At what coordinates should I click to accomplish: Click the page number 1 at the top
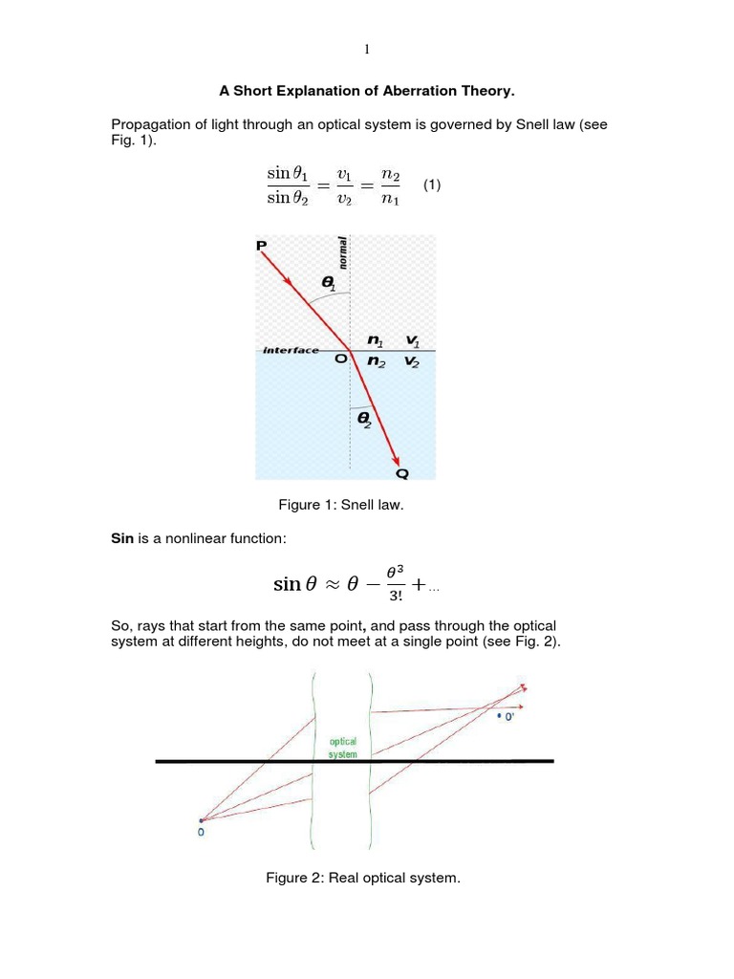pyautogui.click(x=366, y=50)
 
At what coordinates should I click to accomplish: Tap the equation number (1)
pyautogui.click(x=432, y=185)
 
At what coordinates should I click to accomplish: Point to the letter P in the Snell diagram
pyautogui.click(x=262, y=247)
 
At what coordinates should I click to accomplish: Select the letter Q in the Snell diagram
pyautogui.click(x=402, y=471)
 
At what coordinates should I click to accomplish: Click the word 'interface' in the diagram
pyautogui.click(x=291, y=351)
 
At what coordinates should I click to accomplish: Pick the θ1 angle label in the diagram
pyautogui.click(x=330, y=284)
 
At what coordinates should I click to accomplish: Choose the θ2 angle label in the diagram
pyautogui.click(x=364, y=419)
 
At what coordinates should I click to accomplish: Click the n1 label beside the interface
pyautogui.click(x=375, y=340)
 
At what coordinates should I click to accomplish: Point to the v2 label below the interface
pyautogui.click(x=413, y=362)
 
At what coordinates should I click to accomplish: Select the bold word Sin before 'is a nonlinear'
pyautogui.click(x=124, y=540)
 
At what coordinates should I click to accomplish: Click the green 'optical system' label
pyautogui.click(x=343, y=748)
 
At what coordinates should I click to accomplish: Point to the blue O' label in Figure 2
pyautogui.click(x=507, y=714)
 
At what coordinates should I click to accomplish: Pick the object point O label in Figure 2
pyautogui.click(x=201, y=832)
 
